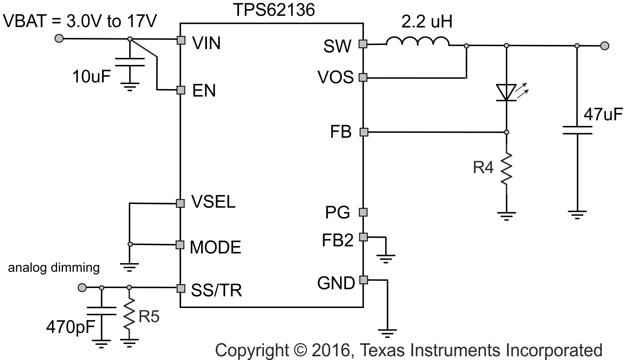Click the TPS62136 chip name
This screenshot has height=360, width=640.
pyautogui.click(x=274, y=10)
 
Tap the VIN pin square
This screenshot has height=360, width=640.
pyautogui.click(x=181, y=40)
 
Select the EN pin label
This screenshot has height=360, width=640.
pyautogui.click(x=204, y=91)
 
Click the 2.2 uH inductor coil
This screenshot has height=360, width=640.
pyautogui.click(x=418, y=41)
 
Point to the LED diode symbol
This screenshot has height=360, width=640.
pyautogui.click(x=506, y=92)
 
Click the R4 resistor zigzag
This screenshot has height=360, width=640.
pyautogui.click(x=506, y=169)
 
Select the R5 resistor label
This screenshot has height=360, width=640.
pyautogui.click(x=149, y=317)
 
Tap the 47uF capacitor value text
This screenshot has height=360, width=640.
pyautogui.click(x=603, y=114)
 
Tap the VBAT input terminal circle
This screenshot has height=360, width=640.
pyautogui.click(x=60, y=39)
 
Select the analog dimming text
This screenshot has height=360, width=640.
pyautogui.click(x=54, y=268)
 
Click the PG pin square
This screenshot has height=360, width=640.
pyautogui.click(x=363, y=212)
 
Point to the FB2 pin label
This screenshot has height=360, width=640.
pyautogui.click(x=337, y=240)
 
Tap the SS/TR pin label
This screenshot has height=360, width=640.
pyautogui.click(x=217, y=290)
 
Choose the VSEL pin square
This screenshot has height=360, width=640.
pyautogui.click(x=180, y=203)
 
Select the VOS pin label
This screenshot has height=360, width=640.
pyautogui.click(x=335, y=77)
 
